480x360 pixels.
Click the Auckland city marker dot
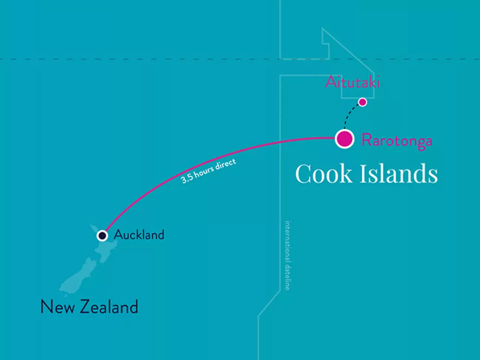(102, 236)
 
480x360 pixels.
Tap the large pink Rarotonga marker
(344, 139)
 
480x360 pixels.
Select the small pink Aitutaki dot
(363, 102)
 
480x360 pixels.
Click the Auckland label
(139, 234)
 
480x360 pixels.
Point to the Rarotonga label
(397, 140)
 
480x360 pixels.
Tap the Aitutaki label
(352, 82)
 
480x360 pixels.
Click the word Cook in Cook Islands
(323, 174)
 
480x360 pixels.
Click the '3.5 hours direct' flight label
(208, 171)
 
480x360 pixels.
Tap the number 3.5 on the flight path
(186, 179)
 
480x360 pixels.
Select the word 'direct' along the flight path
(225, 164)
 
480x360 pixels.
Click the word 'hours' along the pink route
(204, 172)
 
